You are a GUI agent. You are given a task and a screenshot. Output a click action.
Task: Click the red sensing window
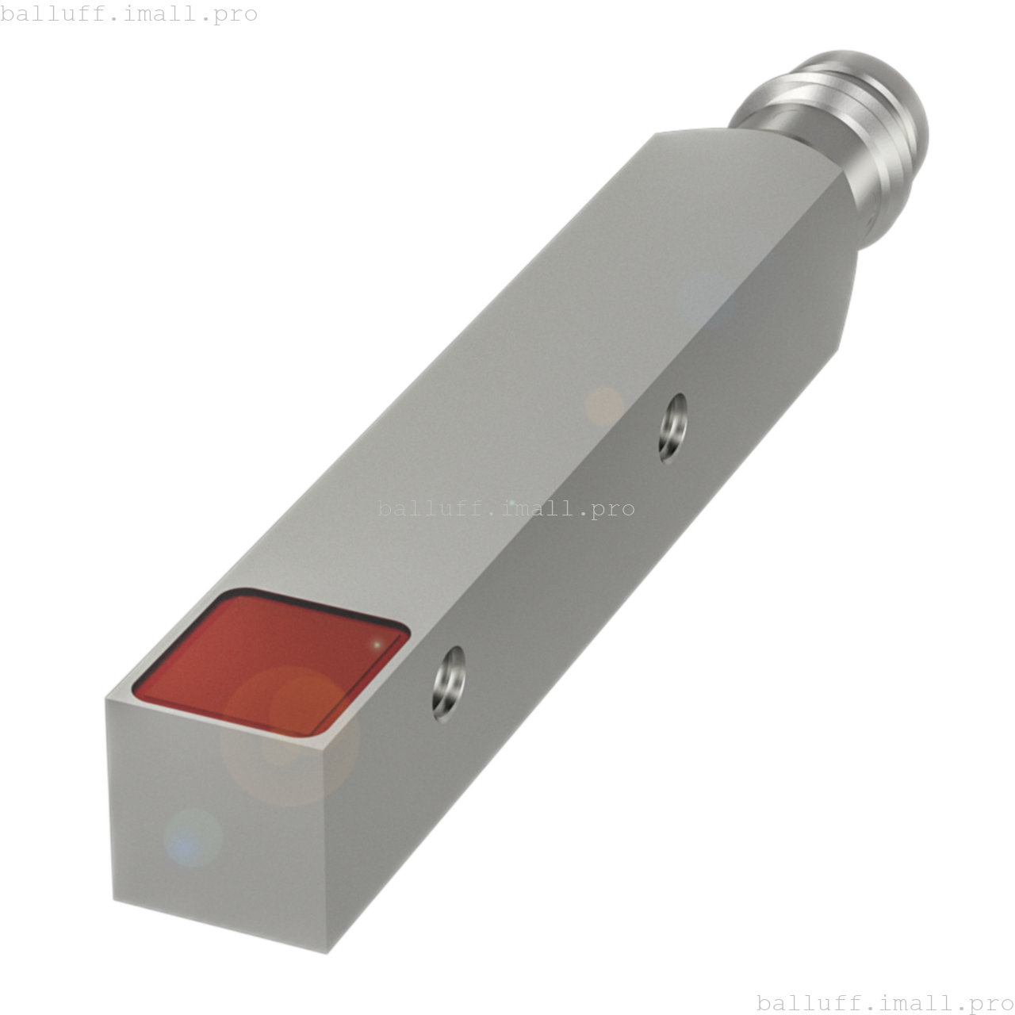pyautogui.click(x=270, y=662)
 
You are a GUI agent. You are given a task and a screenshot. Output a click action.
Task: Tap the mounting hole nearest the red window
pyautogui.click(x=449, y=684)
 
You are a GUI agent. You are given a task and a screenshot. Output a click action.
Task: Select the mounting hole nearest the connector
pyautogui.click(x=673, y=428)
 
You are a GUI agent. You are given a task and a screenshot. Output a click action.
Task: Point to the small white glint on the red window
pyautogui.click(x=377, y=645)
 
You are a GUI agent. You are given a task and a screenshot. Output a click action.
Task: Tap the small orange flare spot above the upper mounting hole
pyautogui.click(x=604, y=406)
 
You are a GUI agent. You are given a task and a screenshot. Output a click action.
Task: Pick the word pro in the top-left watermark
pyautogui.click(x=236, y=13)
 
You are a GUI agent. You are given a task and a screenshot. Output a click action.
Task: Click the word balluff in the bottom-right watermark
pyautogui.click(x=806, y=1002)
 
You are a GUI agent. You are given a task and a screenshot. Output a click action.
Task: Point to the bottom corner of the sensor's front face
pyautogui.click(x=327, y=952)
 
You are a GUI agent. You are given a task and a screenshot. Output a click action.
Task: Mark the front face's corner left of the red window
pyautogui.click(x=106, y=699)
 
